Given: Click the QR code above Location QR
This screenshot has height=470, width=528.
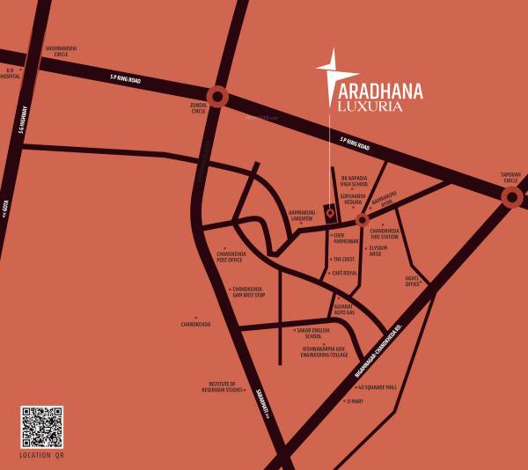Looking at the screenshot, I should coord(41,427).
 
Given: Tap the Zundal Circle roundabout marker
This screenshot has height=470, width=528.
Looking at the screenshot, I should coord(216,97).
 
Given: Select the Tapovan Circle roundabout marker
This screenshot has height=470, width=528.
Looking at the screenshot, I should coord(511,197).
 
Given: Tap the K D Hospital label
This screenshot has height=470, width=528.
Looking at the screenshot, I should coord(11,73).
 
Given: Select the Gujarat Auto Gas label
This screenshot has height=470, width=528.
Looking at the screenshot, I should coord(344,310).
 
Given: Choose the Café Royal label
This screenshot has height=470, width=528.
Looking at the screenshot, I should coord(343,274).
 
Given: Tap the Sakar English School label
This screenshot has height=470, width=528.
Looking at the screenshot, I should coord(313,333).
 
